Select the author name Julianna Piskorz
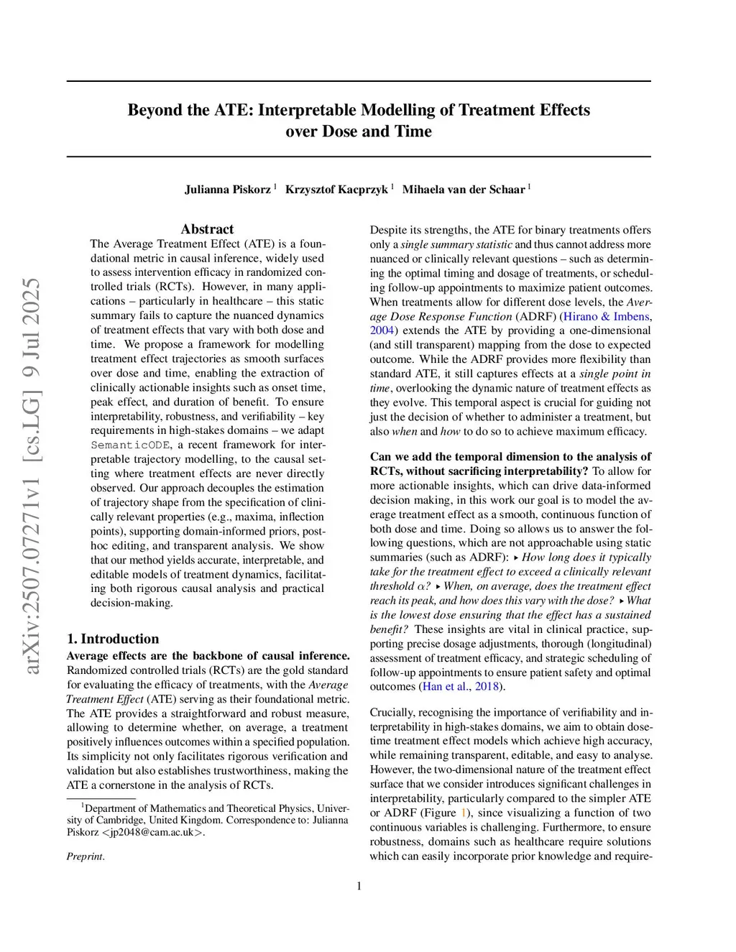227,190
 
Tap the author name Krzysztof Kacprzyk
336,190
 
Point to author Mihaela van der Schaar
463,190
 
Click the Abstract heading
207,229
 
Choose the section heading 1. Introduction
113,639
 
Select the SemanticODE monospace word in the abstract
131,445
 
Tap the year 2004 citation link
382,331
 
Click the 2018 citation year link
487,686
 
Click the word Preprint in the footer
85,856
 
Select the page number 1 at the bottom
359,886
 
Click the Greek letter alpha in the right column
423,586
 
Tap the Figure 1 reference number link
464,813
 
